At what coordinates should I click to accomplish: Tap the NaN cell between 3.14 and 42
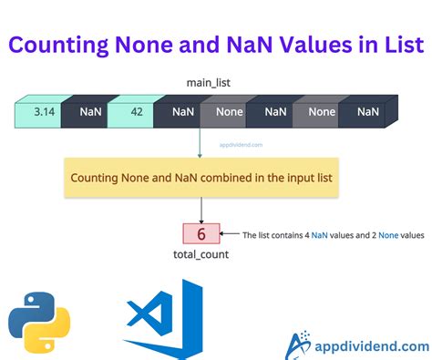point(89,112)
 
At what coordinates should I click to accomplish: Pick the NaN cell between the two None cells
point(275,112)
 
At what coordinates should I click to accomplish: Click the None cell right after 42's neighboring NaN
point(229,112)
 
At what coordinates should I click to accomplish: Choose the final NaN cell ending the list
point(368,112)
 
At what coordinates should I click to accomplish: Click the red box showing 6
point(201,233)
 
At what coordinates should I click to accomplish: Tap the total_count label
point(200,255)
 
